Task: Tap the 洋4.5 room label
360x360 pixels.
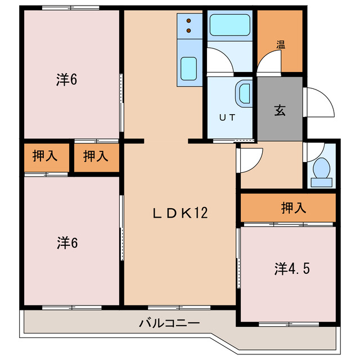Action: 292,268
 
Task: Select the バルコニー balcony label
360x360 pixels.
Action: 169,323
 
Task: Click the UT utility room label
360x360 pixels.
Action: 226,117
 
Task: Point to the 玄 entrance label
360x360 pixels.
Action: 280,110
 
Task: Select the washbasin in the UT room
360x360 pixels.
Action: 244,92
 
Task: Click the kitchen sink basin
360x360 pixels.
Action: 188,69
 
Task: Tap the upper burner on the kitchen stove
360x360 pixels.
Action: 189,19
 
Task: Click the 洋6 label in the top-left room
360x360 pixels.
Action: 66,80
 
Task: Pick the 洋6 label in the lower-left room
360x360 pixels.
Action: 66,243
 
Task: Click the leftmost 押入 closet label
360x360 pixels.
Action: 45,157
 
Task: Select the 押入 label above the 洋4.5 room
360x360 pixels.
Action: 294,208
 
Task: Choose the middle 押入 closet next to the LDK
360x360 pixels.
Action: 96,157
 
